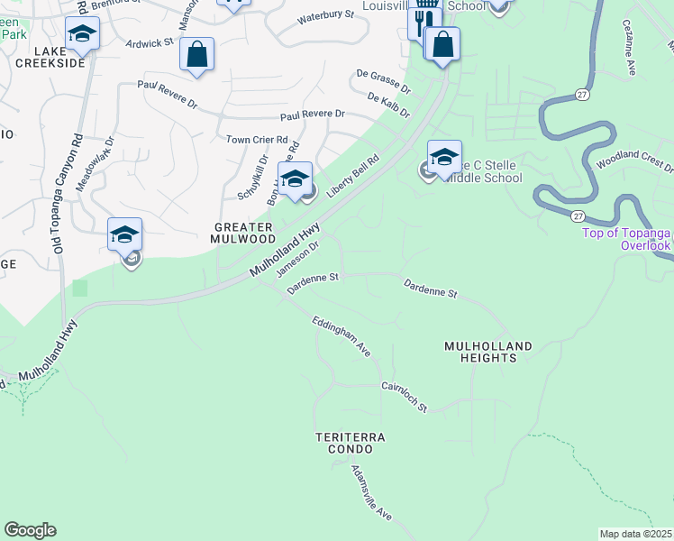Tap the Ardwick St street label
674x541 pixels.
tap(150, 43)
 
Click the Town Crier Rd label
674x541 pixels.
tap(257, 140)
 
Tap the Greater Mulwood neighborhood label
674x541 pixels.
tap(243, 233)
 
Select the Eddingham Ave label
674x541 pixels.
tap(342, 335)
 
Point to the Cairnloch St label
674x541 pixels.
tap(404, 396)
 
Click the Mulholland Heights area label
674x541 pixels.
tap(487, 352)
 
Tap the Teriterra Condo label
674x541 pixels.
tap(351, 443)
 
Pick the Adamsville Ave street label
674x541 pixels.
tap(371, 493)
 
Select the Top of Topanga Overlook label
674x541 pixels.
tap(622, 239)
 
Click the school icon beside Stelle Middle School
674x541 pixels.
tap(444, 157)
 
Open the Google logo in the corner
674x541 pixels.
tap(30, 530)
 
